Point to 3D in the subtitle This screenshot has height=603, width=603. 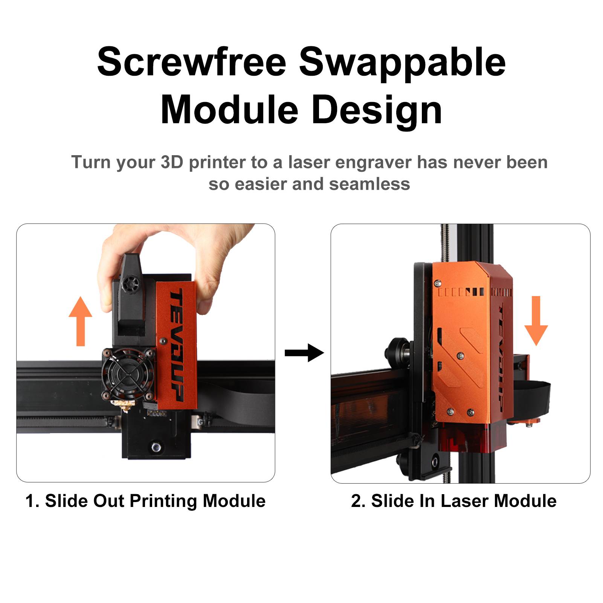[172, 162]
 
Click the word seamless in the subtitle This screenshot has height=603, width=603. [369, 184]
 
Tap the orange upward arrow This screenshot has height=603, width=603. [80, 321]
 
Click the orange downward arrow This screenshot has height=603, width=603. [536, 321]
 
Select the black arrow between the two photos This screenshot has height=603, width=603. [304, 353]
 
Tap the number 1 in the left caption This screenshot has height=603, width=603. [30, 501]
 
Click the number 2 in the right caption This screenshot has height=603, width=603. [356, 501]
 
